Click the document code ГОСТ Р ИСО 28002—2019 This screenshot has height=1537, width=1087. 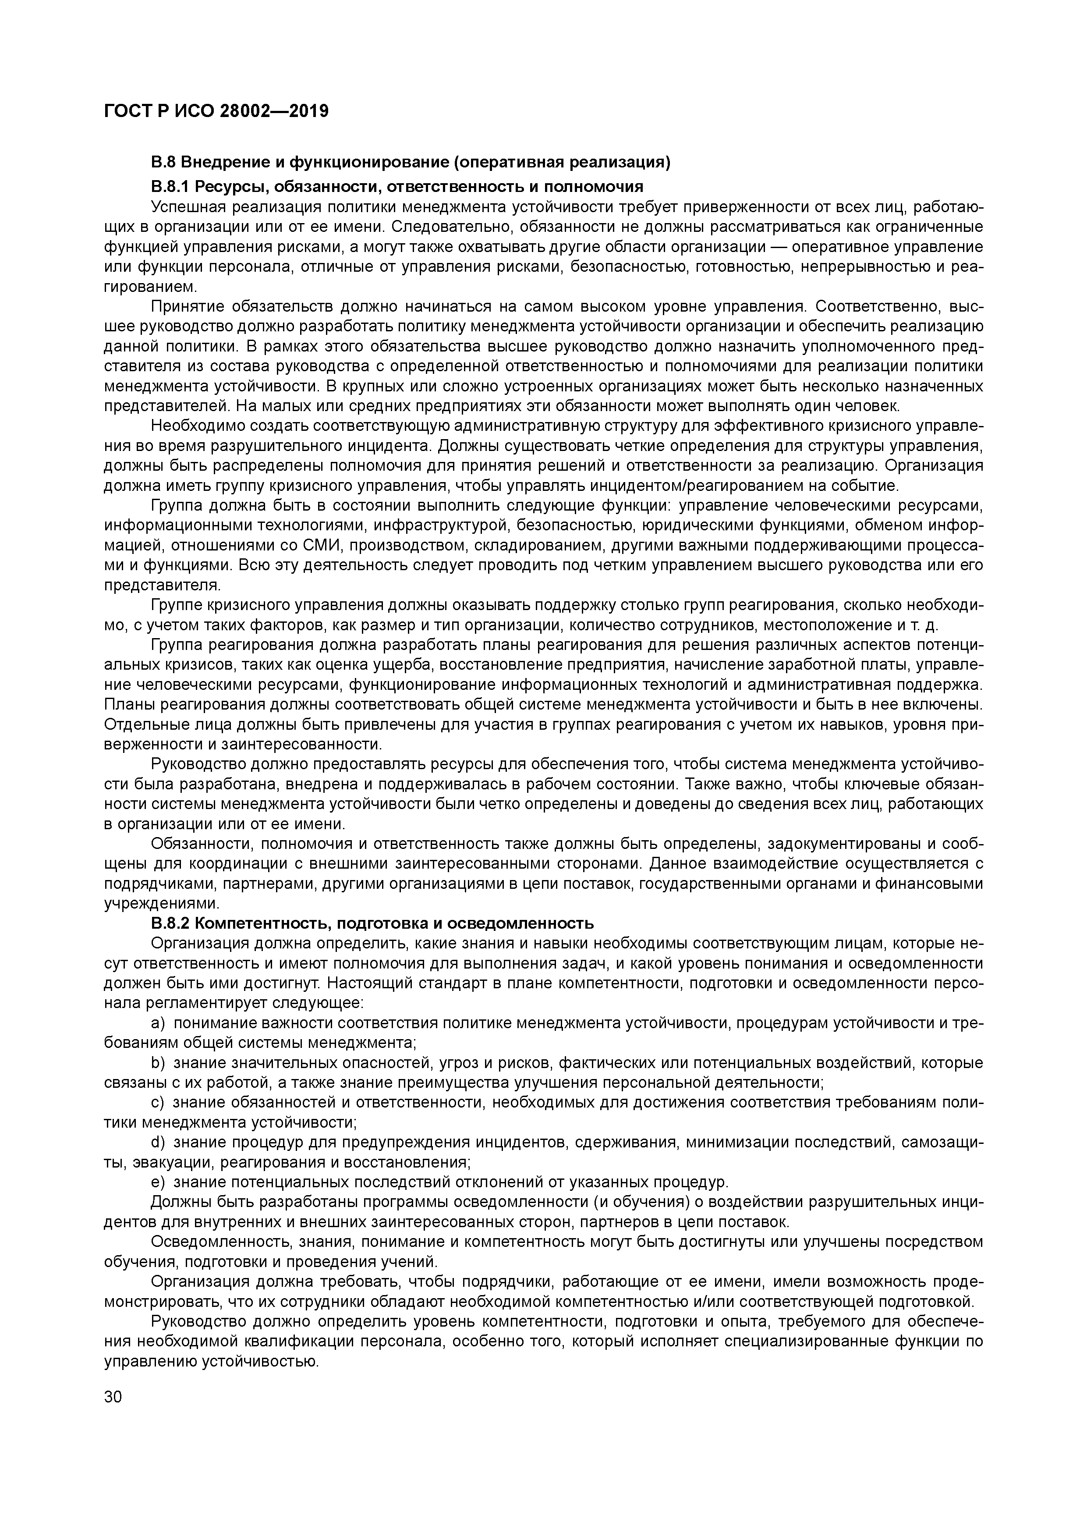tap(216, 111)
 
